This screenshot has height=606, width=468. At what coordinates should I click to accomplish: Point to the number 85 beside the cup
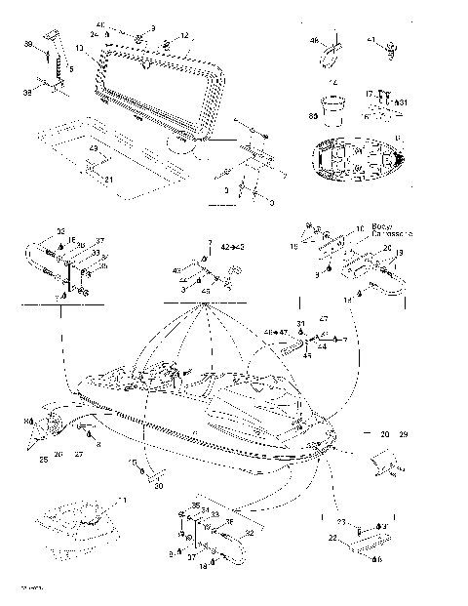[x=312, y=115]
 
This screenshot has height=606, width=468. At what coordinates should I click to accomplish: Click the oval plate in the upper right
[x=354, y=161]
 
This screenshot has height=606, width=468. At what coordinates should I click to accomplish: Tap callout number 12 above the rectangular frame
[x=184, y=36]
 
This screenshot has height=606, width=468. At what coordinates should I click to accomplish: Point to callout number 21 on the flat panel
[x=109, y=180]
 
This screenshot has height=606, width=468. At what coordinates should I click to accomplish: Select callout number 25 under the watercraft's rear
[x=44, y=458]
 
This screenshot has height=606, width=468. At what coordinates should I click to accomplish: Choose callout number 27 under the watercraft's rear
[x=79, y=454]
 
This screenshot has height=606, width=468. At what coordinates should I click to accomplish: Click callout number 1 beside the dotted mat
[x=123, y=500]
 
